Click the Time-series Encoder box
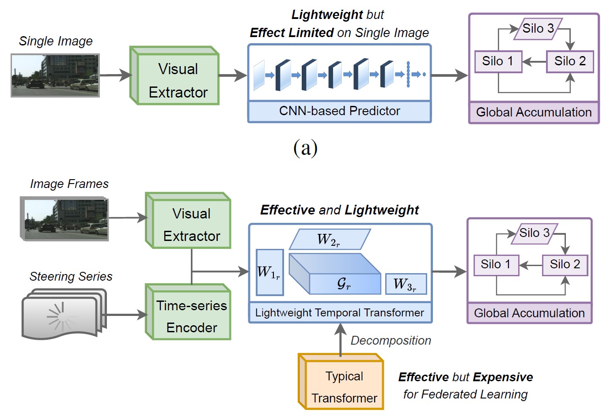pyautogui.click(x=191, y=316)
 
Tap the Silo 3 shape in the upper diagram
pyautogui.click(x=538, y=29)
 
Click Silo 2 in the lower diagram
pyautogui.click(x=565, y=265)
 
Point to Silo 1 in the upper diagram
pyautogui.click(x=498, y=61)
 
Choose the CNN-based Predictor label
pyautogui.click(x=339, y=111)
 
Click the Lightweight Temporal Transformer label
pyautogui.click(x=339, y=313)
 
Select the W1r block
pyautogui.click(x=269, y=272)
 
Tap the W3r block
pyautogui.click(x=405, y=284)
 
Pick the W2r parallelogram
pyautogui.click(x=329, y=240)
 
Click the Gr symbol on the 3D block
pyautogui.click(x=344, y=283)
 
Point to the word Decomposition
pyautogui.click(x=391, y=341)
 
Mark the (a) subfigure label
pyautogui.click(x=305, y=148)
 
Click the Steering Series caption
pyautogui.click(x=71, y=277)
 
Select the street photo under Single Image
pyautogui.click(x=55, y=75)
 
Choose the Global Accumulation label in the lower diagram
pyautogui.click(x=529, y=313)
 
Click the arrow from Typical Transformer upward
pyautogui.click(x=340, y=340)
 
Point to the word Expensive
pyautogui.click(x=503, y=377)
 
